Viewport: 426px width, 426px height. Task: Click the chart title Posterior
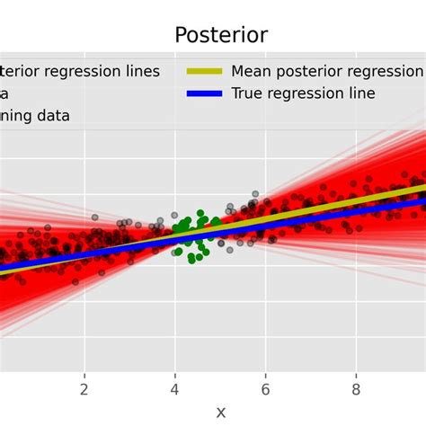point(220,35)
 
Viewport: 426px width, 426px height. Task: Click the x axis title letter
point(220,412)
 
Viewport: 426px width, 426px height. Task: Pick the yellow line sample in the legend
point(204,71)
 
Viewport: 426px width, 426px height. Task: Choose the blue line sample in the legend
point(204,93)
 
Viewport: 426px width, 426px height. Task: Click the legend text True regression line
point(303,93)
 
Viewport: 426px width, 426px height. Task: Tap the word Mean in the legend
point(253,71)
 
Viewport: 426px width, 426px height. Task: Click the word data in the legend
point(54,116)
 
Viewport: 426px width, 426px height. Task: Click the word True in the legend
point(248,93)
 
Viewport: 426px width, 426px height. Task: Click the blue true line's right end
point(422,206)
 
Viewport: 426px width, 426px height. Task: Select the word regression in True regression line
point(305,93)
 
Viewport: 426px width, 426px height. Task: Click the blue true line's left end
point(4,268)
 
